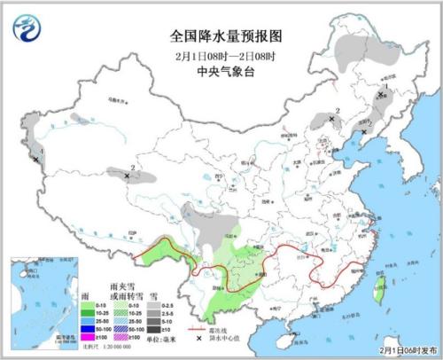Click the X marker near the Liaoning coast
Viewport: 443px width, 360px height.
point(358,135)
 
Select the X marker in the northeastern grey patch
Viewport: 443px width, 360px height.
point(381,93)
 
